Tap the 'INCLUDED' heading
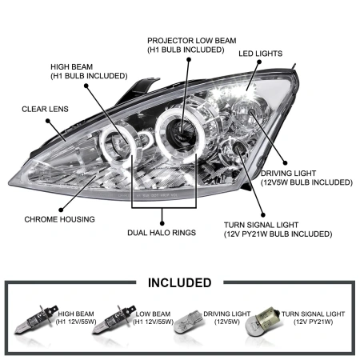click(180, 282)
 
